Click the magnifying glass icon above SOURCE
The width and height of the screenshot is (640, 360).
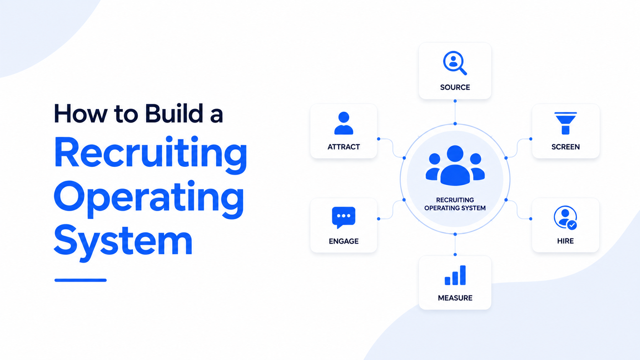tap(455, 63)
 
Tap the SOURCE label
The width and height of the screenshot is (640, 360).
tap(455, 87)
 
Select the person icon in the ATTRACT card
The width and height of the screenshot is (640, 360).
tap(344, 123)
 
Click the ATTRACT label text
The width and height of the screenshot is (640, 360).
tap(343, 147)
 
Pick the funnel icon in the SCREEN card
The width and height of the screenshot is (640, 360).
tap(565, 123)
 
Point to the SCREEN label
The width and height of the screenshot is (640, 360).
tap(565, 147)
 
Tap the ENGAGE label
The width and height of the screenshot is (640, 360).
tap(344, 241)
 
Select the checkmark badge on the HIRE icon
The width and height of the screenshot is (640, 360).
tap(572, 225)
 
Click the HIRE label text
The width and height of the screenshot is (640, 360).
tap(565, 241)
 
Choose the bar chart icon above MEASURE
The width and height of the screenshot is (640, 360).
tap(455, 275)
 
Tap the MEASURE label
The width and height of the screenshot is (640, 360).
tap(455, 298)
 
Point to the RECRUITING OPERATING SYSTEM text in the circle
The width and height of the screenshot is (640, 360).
tap(455, 204)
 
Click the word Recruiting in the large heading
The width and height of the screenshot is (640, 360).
tap(150, 155)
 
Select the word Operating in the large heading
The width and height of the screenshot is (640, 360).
tap(149, 199)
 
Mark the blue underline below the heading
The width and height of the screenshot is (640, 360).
tap(80, 280)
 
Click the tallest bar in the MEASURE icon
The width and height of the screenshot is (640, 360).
tap(463, 275)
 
